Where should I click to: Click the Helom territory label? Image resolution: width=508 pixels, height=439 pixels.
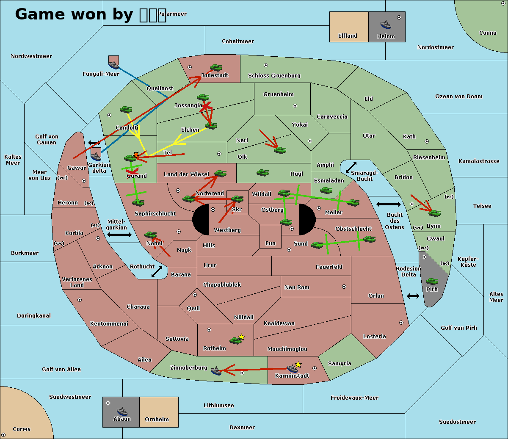point(386,36)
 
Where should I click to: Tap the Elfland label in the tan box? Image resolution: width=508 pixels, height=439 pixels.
point(348,36)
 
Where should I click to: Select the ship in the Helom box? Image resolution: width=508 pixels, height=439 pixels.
point(385,24)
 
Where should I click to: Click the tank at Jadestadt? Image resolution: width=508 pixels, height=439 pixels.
point(216,68)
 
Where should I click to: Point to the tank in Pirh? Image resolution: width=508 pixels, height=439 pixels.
point(432,282)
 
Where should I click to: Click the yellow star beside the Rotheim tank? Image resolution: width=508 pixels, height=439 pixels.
point(241,337)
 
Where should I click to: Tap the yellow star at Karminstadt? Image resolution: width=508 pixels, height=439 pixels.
point(298,364)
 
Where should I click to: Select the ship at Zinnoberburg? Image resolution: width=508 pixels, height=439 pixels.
point(216,371)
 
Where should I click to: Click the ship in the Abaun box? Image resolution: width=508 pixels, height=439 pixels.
point(122,411)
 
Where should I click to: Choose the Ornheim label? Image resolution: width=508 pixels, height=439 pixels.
point(157,420)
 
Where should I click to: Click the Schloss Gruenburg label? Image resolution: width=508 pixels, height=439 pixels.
point(274,76)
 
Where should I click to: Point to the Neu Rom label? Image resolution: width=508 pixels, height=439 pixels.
point(297,287)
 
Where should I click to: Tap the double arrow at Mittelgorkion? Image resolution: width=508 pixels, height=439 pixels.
point(119,235)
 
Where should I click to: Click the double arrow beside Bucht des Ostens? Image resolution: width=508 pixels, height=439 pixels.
point(388,204)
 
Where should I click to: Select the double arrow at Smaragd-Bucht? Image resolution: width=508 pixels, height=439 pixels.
point(351,168)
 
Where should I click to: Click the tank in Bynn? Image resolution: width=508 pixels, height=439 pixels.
point(434,213)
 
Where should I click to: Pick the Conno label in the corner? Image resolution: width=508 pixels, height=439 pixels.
point(488,33)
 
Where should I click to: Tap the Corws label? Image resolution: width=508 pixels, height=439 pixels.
point(21,429)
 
